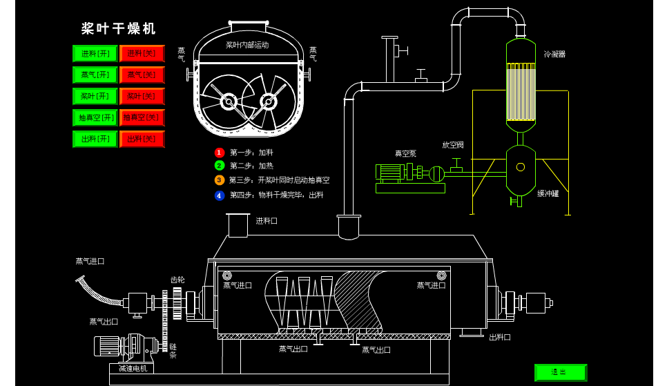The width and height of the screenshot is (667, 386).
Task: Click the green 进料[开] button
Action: click(95, 54)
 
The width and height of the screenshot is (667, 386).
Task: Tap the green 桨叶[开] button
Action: click(95, 97)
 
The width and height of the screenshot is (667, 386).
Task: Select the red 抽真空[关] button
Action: click(142, 118)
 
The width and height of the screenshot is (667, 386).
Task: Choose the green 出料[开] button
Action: click(95, 139)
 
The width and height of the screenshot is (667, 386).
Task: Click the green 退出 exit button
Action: click(560, 373)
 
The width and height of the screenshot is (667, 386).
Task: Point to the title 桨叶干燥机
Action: click(119, 29)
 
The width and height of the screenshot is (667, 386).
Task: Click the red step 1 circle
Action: click(220, 153)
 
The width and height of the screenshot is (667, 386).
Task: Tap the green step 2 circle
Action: click(220, 166)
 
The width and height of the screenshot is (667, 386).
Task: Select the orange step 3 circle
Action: click(220, 180)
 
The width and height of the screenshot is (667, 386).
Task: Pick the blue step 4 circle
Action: click(220, 195)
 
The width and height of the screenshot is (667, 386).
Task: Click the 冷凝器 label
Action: click(554, 55)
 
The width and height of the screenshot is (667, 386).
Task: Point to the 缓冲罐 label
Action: click(548, 194)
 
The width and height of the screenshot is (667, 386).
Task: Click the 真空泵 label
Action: click(405, 154)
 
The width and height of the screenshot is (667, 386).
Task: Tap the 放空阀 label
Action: click(453, 145)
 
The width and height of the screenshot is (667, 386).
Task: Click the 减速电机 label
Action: click(133, 369)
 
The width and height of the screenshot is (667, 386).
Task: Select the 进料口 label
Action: click(267, 221)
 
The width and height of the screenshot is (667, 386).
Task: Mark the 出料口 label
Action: click(500, 338)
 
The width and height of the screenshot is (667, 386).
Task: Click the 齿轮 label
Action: click(177, 280)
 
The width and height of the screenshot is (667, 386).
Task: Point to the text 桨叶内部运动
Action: click(247, 45)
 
